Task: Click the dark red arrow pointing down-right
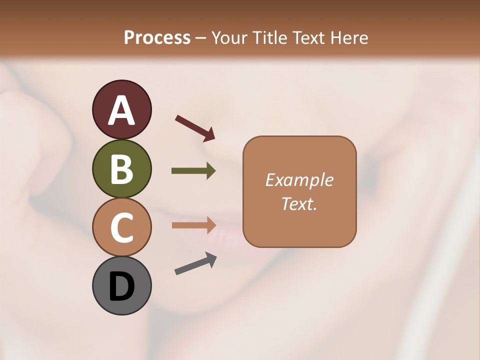coord(195,128)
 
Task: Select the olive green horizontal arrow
coord(193,171)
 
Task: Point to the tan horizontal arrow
coord(193,225)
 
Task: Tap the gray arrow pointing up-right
coord(195,264)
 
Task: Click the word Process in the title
coord(157,37)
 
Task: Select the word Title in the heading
coord(270,37)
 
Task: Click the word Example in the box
coord(299,180)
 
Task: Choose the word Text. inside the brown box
coord(299,203)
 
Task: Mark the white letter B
coord(121,169)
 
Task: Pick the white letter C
coord(121,227)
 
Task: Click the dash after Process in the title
coord(200,38)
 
